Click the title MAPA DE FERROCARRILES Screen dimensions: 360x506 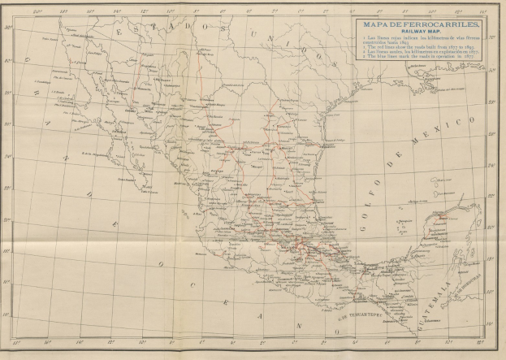pos(415,24)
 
